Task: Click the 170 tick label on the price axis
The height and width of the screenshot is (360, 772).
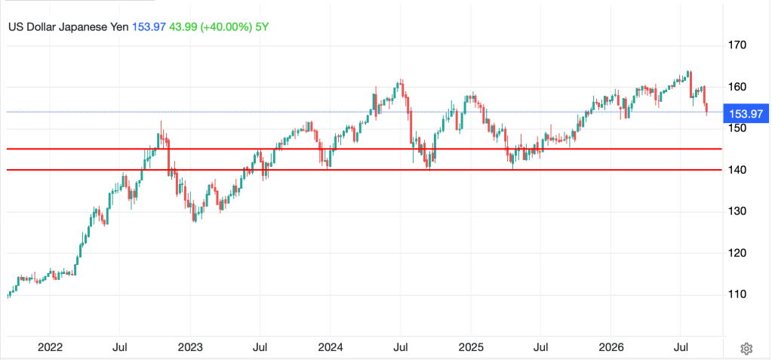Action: (x=737, y=45)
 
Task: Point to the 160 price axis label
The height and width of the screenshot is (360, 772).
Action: (x=737, y=87)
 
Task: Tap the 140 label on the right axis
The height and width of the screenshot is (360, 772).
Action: (x=737, y=171)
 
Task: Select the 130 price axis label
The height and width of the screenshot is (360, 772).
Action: (x=737, y=212)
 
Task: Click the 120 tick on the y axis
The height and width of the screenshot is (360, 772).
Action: (x=737, y=254)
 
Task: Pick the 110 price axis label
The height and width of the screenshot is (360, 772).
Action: (x=737, y=295)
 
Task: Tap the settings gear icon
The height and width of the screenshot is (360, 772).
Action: (x=746, y=349)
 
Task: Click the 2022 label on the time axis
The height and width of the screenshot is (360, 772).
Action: (x=50, y=348)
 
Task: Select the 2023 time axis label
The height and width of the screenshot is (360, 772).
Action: (x=190, y=348)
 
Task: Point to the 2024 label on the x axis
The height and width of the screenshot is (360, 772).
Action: (x=331, y=348)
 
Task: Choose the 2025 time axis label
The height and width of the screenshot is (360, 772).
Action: (x=470, y=348)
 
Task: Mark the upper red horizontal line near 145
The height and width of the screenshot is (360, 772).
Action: (x=364, y=149)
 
